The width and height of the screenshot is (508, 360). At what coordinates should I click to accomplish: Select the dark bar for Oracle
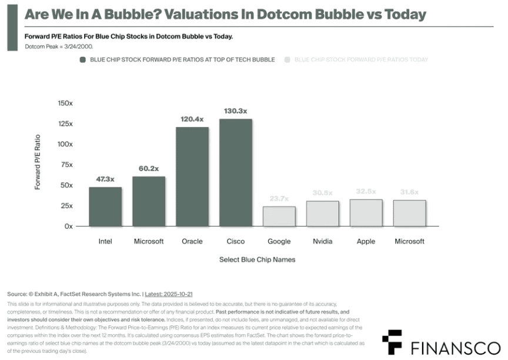[x=192, y=176]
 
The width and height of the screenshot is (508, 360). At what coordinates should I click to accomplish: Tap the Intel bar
[x=105, y=206]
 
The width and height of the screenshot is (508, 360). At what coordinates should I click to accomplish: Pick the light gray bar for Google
[x=279, y=216]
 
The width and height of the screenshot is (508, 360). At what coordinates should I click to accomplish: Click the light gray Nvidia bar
[x=323, y=214]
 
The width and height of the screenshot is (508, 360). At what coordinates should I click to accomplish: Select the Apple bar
[x=366, y=212]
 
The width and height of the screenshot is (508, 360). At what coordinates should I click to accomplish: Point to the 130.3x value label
[x=236, y=111]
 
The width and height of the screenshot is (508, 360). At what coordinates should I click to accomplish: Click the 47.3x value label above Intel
[x=105, y=179]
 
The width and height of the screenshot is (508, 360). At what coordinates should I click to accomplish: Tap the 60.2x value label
[x=149, y=168]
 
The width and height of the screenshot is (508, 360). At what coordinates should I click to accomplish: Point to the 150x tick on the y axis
[x=64, y=103]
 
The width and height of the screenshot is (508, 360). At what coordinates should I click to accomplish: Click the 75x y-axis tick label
[x=66, y=165]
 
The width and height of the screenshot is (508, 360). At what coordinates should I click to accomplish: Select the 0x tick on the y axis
[x=68, y=226]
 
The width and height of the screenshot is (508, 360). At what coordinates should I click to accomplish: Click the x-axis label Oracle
[x=192, y=241]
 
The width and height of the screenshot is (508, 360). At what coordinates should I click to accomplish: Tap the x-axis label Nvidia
[x=323, y=241]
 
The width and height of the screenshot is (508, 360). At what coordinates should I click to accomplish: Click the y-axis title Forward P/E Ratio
[x=38, y=162]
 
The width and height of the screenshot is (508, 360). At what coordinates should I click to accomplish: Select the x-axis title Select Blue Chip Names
[x=258, y=259]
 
